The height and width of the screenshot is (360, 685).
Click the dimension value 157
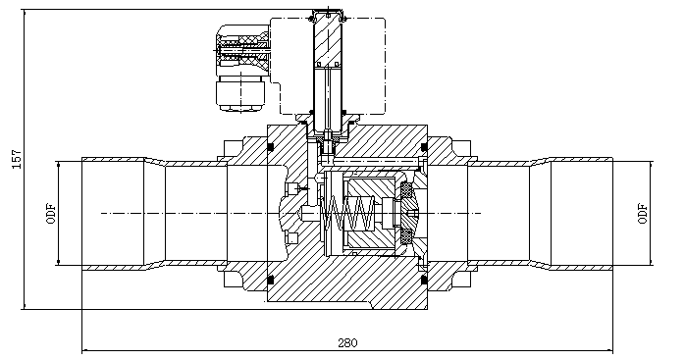point(17,160)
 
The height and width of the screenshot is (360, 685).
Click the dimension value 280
point(347,342)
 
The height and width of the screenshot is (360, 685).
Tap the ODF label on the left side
point(51,213)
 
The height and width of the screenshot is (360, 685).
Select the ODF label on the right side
point(642,213)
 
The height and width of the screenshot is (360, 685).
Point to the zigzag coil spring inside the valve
point(347,214)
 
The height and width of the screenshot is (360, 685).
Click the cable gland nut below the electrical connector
point(240,93)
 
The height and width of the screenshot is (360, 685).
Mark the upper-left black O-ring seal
point(271,147)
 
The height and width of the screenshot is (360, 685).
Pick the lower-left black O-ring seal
point(271,280)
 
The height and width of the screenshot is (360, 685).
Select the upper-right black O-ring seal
point(424,147)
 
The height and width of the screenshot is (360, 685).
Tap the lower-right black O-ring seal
point(424,280)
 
